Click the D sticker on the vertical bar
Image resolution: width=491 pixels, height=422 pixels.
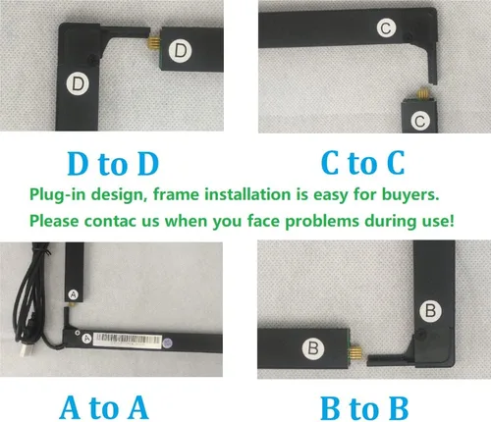pos(78,84)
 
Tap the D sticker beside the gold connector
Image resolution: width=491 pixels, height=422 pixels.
pos(180,51)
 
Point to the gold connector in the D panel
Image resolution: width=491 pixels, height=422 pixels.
pos(154,41)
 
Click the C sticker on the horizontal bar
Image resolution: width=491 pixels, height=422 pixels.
pos(386,28)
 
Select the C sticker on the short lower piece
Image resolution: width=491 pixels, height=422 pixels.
pos(420,121)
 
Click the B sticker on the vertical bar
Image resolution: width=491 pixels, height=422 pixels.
pos(431,310)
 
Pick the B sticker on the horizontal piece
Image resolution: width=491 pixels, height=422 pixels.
pos(313,347)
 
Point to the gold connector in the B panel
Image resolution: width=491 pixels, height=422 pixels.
pos(355,354)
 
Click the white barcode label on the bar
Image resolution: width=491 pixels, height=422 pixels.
pos(128,341)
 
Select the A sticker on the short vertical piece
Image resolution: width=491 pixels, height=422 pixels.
pos(74,294)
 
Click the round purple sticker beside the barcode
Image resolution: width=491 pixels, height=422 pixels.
pos(167,343)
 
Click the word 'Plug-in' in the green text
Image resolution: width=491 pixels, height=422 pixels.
pos(58,194)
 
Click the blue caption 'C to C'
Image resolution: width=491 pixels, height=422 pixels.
pos(362,163)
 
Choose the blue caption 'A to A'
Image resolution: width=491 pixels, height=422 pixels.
pos(104,407)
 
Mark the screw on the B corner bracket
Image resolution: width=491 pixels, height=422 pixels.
pos(419,335)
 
